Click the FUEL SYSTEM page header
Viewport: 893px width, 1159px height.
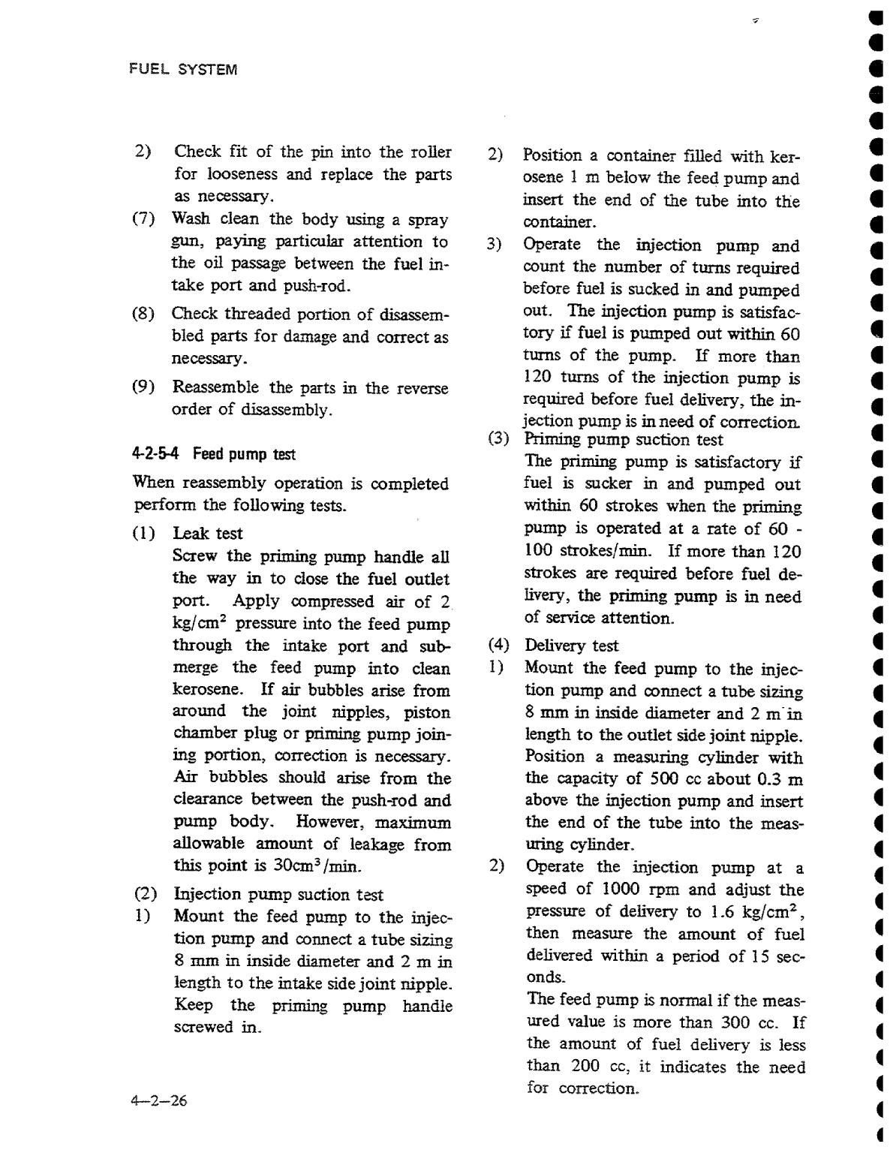(x=183, y=70)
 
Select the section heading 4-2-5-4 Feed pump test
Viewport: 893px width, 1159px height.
(x=214, y=454)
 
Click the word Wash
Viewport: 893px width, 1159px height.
(x=193, y=219)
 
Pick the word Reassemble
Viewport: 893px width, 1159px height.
(x=216, y=387)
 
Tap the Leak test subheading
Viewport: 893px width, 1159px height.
(x=208, y=533)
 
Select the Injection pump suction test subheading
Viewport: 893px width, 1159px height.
(x=278, y=895)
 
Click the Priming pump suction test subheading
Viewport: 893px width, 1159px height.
(x=623, y=440)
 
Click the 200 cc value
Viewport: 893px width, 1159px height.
(x=594, y=1067)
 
